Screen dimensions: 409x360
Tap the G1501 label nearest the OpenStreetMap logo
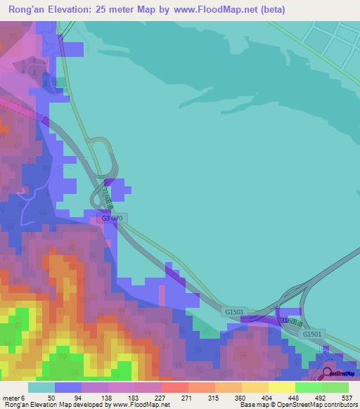coord(312,334)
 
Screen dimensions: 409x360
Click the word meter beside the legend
coord(11,398)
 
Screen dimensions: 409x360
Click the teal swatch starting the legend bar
coord(41,387)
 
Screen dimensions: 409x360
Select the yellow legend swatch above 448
coord(281,387)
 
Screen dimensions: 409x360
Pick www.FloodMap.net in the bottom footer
coord(141,405)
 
